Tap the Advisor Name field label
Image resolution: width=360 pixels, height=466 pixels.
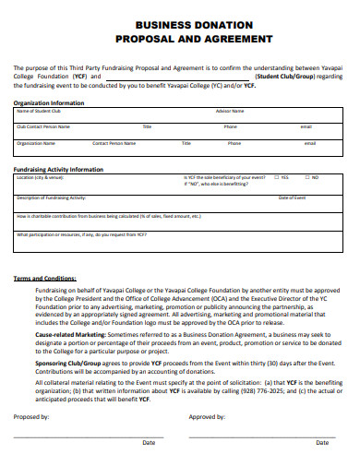coord(230,111)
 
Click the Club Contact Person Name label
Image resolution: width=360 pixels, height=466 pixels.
coord(42,126)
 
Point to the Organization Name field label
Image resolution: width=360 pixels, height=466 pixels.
coord(36,143)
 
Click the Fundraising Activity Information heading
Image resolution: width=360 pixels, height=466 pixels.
coord(58,170)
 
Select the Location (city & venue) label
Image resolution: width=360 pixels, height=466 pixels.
coord(41,177)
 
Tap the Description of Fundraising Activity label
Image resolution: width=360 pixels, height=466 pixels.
coord(52,197)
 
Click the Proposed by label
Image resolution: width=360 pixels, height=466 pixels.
coord(32,416)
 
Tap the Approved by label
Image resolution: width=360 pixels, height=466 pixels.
coord(207,416)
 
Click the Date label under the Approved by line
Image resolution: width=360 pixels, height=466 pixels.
coord(322,443)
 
